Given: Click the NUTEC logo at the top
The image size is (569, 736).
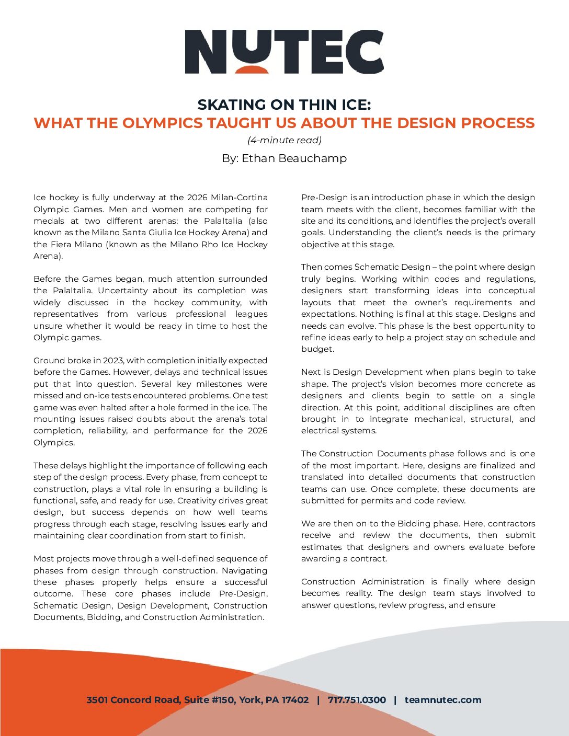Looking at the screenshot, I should (284, 51).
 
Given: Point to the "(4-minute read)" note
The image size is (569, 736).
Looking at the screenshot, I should (284, 140).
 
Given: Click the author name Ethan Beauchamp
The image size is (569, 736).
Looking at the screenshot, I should (294, 158).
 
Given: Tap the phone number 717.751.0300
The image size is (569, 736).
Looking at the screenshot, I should (357, 700).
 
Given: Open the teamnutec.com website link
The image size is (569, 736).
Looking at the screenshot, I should (442, 700).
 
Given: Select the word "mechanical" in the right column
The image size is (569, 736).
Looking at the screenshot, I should (439, 419).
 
